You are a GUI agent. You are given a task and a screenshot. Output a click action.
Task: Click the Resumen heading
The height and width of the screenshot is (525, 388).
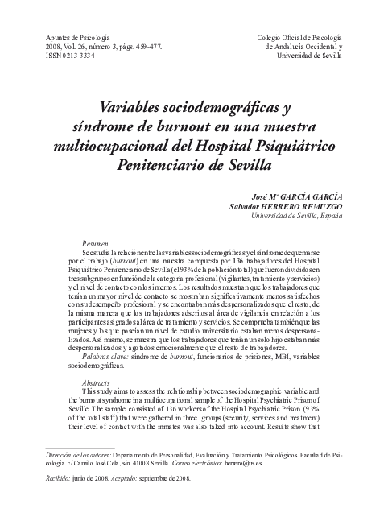pyautogui.click(x=97, y=242)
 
